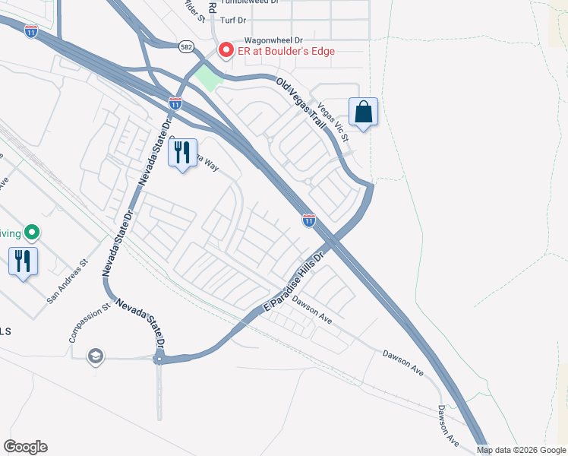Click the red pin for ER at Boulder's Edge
click(x=226, y=51)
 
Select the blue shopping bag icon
click(x=364, y=112)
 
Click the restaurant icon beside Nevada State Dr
click(x=182, y=153)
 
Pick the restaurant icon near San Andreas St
click(x=22, y=261)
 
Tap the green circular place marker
click(x=31, y=232)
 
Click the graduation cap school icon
click(x=95, y=356)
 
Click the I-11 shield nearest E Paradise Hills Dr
click(x=309, y=220)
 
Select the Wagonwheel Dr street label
click(x=273, y=40)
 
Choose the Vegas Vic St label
click(x=333, y=122)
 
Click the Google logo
click(x=25, y=447)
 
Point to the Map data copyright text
click(x=522, y=450)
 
